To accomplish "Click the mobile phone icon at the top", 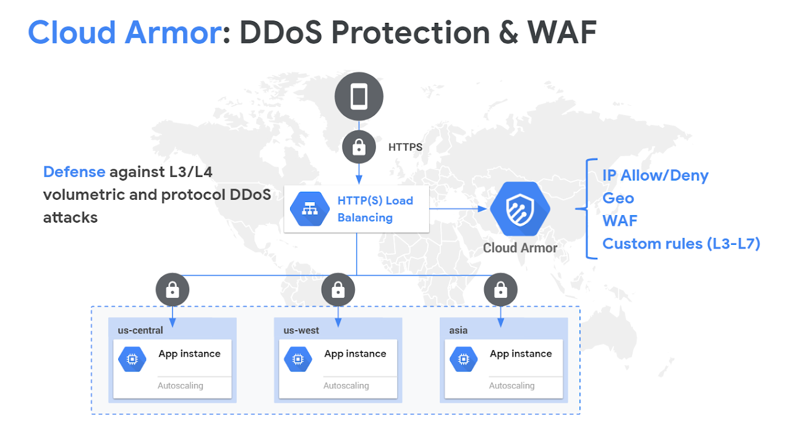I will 359,96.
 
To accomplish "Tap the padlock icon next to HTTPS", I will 359,147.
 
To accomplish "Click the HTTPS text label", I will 405,147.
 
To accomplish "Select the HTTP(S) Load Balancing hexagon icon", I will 310,209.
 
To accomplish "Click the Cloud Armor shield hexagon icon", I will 520,209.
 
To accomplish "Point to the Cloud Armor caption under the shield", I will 520,248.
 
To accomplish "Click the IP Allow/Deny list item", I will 655,176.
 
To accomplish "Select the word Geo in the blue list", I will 618,198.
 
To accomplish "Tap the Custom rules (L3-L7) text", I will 681,244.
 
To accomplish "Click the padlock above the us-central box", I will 173,290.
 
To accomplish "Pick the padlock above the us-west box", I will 338,290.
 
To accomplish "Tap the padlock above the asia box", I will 500,290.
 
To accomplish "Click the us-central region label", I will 140,330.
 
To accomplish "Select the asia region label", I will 458,330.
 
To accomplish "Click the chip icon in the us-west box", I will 297,359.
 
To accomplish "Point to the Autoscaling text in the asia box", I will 511,385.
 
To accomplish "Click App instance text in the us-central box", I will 189,354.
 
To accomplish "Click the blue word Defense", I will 74,172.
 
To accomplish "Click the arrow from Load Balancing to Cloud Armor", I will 458,209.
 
